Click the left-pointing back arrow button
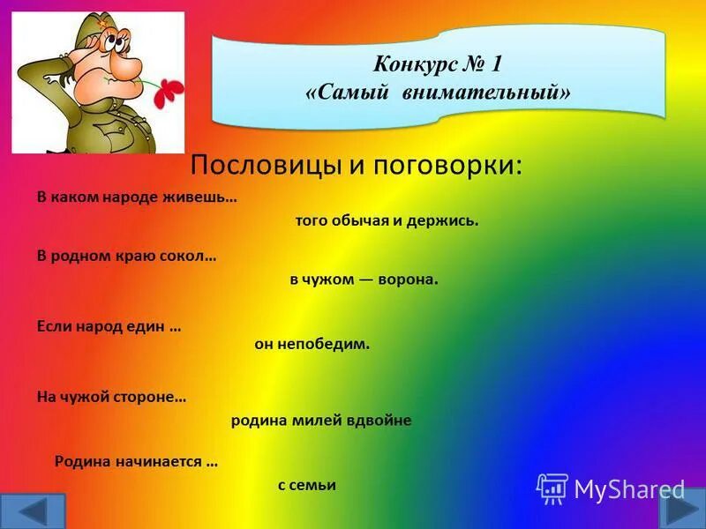coord(33,511)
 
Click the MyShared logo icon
coord(552,488)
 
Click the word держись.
coord(449,220)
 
